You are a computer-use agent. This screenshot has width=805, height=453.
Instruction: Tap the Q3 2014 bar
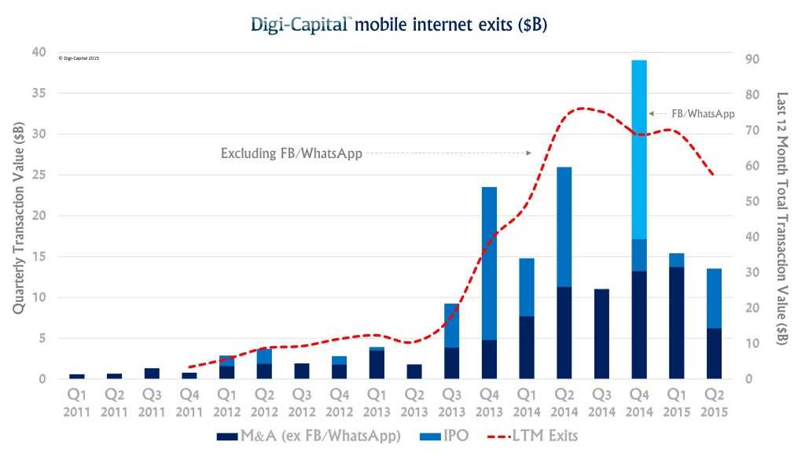click(601, 333)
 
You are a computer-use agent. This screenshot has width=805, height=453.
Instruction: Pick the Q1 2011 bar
click(76, 376)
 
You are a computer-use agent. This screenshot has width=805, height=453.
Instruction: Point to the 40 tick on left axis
click(37, 52)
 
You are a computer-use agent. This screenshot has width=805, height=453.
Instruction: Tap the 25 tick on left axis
click(37, 175)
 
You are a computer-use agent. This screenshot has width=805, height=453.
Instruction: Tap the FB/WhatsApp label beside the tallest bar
click(703, 113)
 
